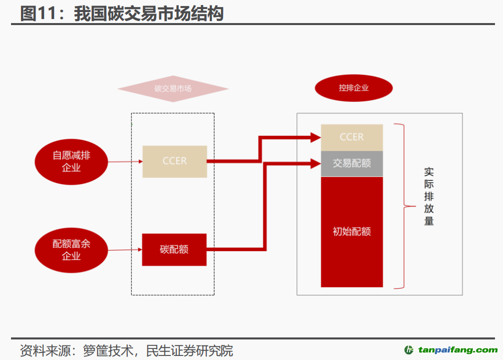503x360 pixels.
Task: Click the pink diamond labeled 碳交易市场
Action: click(173, 89)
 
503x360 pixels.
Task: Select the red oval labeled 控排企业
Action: click(353, 88)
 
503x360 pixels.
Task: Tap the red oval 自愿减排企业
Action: click(71, 161)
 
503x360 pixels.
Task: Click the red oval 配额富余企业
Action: click(71, 250)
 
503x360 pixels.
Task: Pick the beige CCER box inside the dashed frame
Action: click(174, 161)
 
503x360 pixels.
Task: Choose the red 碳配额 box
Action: click(174, 250)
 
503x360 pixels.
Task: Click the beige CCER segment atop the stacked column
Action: click(352, 137)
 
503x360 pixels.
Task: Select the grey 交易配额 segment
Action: click(352, 163)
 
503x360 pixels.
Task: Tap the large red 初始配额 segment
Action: click(352, 232)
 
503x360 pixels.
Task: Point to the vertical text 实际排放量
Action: click(429, 197)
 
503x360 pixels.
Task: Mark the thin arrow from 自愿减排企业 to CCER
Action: click(125, 161)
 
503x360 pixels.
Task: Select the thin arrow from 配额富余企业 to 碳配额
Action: click(125, 250)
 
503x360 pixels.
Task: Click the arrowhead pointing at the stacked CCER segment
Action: click(316, 136)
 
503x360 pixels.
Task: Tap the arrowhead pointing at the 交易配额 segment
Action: click(316, 163)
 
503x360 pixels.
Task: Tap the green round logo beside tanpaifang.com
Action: click(409, 350)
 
